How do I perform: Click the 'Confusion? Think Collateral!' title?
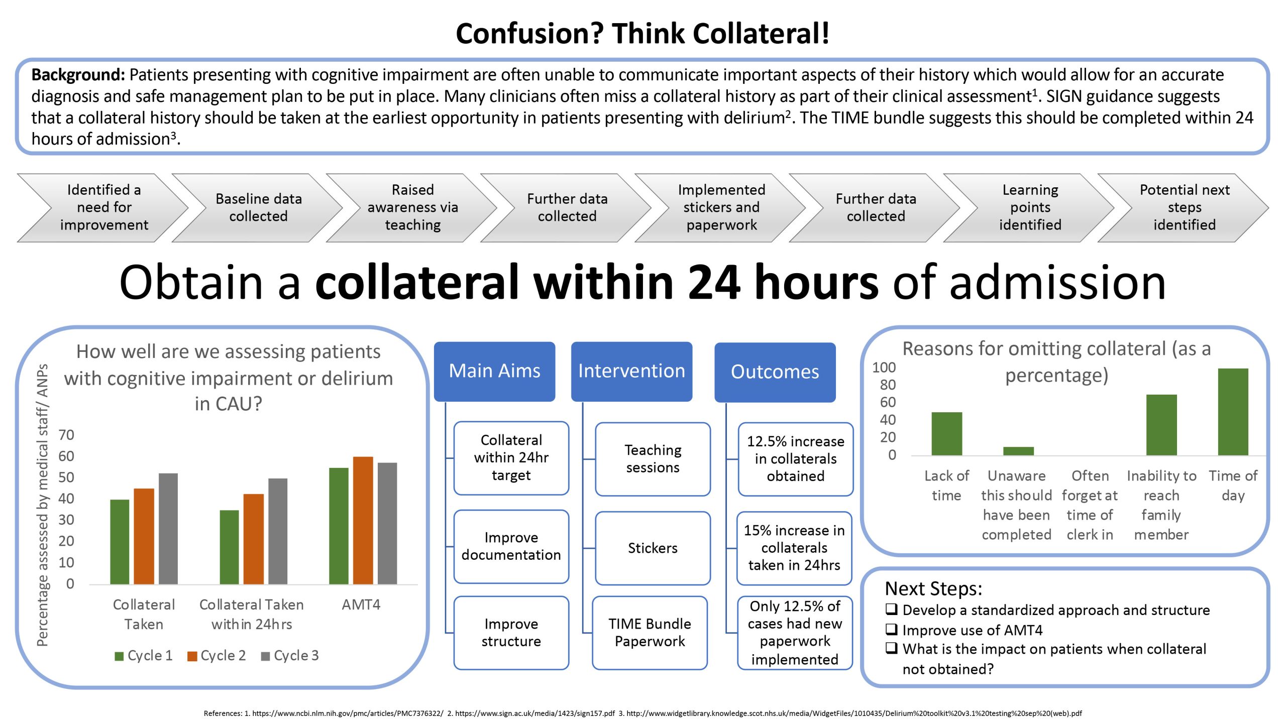point(642,34)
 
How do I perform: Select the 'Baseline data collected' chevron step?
point(258,208)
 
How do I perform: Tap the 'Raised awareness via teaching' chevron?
point(412,208)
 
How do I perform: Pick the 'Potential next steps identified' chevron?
point(1184,208)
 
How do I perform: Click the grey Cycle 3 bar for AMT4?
point(387,523)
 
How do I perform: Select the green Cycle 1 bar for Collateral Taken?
point(120,542)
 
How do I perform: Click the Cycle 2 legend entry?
point(217,656)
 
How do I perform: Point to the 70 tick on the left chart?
point(66,435)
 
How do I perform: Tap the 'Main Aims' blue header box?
point(494,371)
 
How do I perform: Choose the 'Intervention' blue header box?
point(631,371)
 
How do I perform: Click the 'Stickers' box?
point(653,548)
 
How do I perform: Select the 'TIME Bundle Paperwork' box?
point(650,633)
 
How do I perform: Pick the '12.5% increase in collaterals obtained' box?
point(795,459)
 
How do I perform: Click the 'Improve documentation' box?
point(511,546)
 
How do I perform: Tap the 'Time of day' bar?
point(1233,412)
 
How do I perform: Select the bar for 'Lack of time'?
point(946,434)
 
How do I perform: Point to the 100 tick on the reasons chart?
point(884,368)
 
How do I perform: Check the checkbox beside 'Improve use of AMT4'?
point(891,629)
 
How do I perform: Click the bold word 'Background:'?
point(78,75)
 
